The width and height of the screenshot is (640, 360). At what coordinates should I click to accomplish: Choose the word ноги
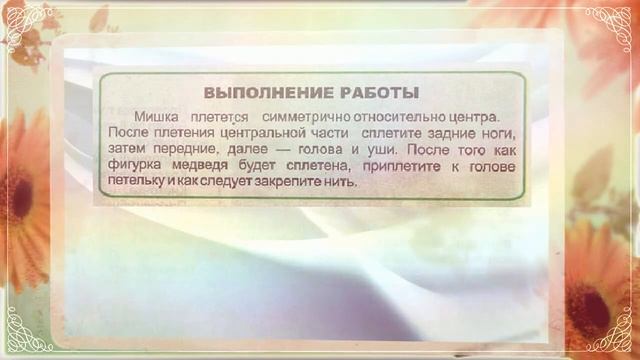point(498,133)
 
